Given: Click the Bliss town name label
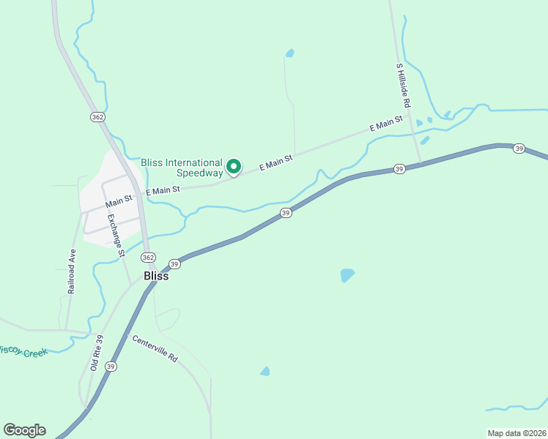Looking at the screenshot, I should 156,277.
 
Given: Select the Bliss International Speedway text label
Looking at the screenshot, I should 182,168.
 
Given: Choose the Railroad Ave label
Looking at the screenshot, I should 72,271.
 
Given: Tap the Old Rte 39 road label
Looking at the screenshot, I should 97,353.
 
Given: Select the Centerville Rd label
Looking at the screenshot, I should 155,348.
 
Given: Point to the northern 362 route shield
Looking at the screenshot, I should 97,117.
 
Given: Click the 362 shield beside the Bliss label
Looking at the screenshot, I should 149,258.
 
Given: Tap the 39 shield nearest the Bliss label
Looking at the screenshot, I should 174,264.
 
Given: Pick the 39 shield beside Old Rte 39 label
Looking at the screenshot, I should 111,367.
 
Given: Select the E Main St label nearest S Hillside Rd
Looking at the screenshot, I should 386,123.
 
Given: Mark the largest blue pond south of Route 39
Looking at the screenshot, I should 347,275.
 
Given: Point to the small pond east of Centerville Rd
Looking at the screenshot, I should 265,372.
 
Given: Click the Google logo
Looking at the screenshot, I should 24,430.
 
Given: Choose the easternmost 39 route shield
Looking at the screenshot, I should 519,149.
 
